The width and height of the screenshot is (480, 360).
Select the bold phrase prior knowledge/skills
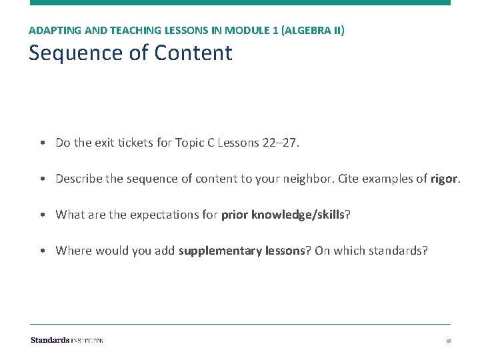tap(283, 214)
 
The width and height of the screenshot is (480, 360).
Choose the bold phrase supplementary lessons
tap(241, 250)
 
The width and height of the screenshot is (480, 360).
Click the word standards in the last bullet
tap(398, 250)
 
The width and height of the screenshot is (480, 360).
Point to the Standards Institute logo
tap(67, 340)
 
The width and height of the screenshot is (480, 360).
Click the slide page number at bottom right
tap(449, 341)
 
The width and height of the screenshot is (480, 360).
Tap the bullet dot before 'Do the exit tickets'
tap(42, 143)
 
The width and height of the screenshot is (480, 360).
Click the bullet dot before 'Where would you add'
tap(42, 251)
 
